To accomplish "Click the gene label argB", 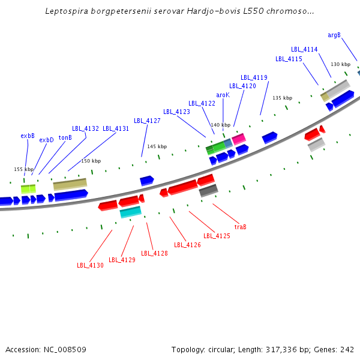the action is [x=334, y=35].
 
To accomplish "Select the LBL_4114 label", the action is [x=304, y=49].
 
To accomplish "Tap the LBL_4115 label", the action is [x=289, y=59].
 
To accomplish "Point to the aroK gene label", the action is [x=223, y=95].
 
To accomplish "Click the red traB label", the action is [x=240, y=227].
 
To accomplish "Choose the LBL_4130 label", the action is [x=90, y=265].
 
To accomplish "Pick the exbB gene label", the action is [x=28, y=136].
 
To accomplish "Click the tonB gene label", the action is [x=65, y=137].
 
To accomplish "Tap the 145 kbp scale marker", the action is [x=157, y=146].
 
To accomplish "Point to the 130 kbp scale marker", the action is [x=340, y=64].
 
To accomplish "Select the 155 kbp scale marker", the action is [x=23, y=169].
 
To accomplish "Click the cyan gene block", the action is [x=130, y=212].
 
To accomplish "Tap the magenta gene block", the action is [x=239, y=139].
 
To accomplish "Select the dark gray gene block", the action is [x=208, y=191].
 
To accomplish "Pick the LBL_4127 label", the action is [x=147, y=121].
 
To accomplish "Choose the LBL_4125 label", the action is [x=217, y=236].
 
